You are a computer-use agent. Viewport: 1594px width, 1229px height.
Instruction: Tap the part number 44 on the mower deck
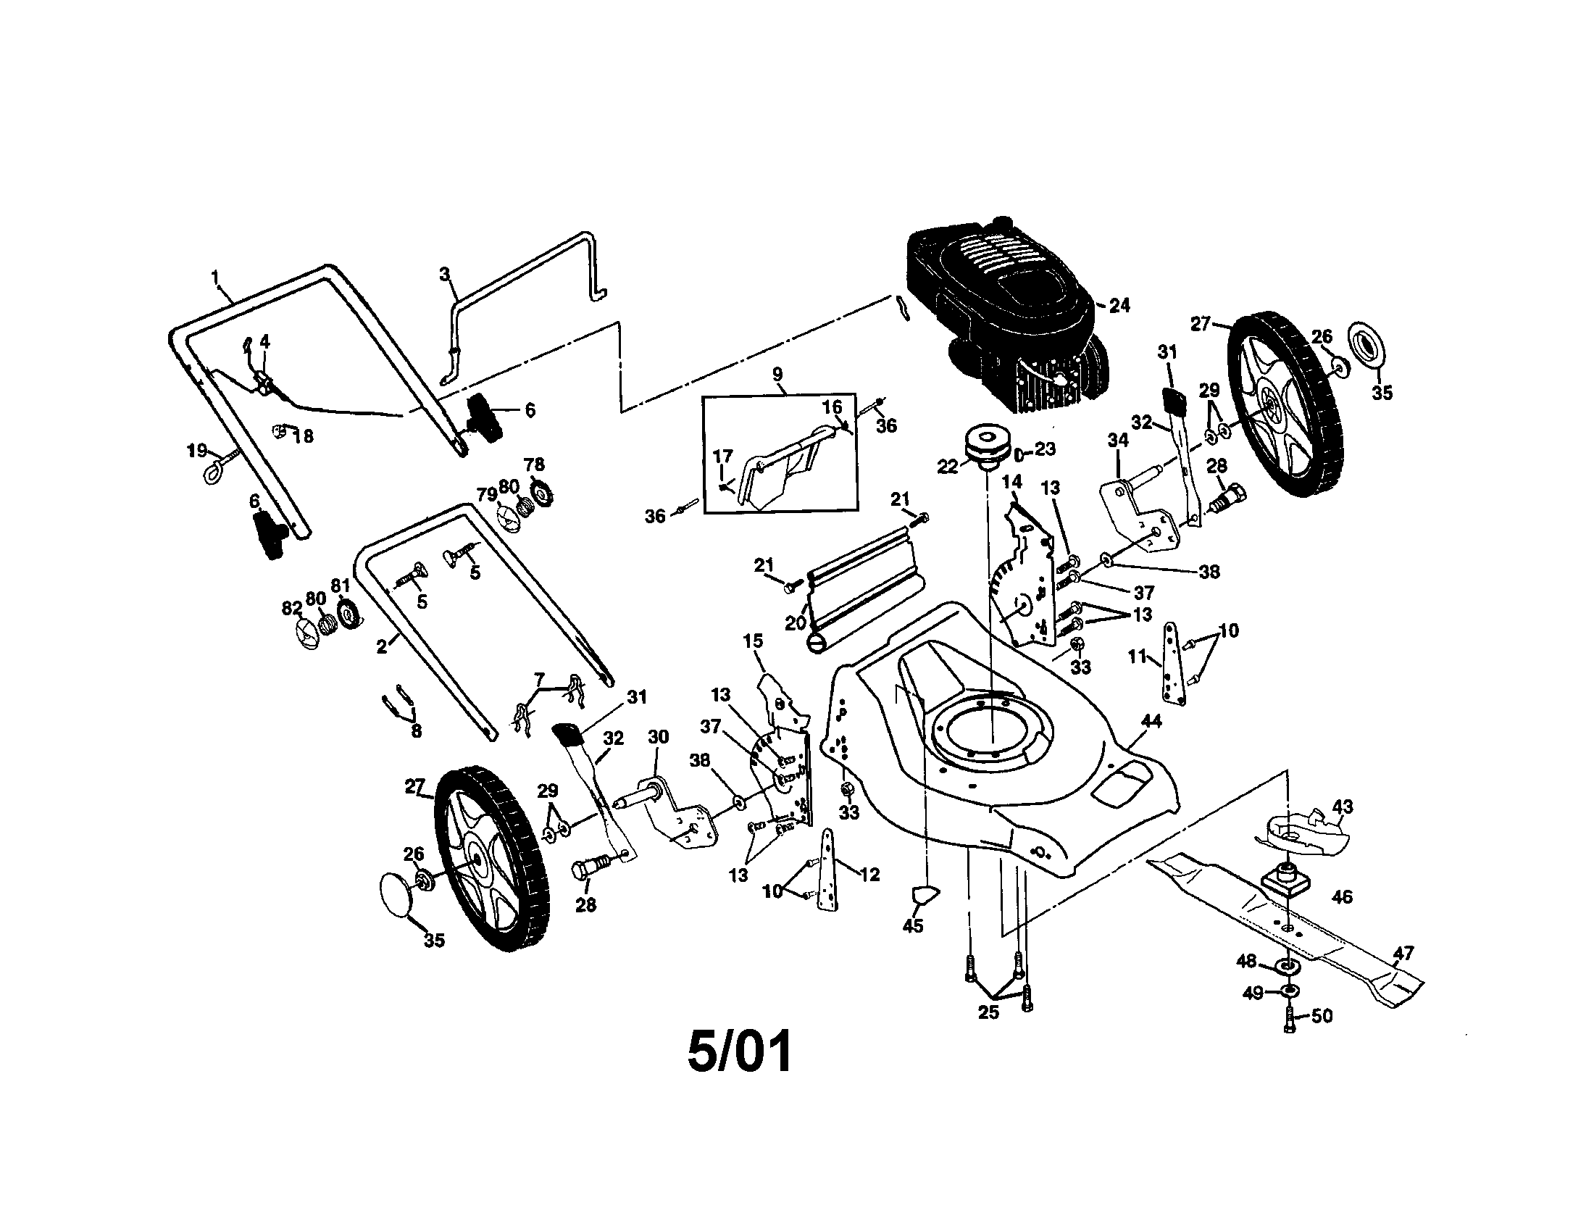[x=1151, y=721]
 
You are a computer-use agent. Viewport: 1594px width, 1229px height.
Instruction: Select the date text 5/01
[x=739, y=1051]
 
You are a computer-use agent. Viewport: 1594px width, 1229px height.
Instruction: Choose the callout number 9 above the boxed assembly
[x=777, y=375]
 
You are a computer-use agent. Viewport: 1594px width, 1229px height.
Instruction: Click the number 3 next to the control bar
[x=444, y=275]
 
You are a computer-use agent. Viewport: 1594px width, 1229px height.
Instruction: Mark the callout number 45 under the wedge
[x=913, y=925]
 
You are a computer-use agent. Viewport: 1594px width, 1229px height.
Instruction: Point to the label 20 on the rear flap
[x=795, y=622]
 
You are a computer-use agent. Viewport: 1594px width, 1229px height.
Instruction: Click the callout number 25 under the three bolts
[x=988, y=1013]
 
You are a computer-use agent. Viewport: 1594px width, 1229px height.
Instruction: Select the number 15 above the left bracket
[x=753, y=641]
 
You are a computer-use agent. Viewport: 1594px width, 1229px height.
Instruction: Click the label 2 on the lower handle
[x=381, y=646]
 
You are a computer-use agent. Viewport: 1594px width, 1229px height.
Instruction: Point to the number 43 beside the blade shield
[x=1342, y=807]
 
